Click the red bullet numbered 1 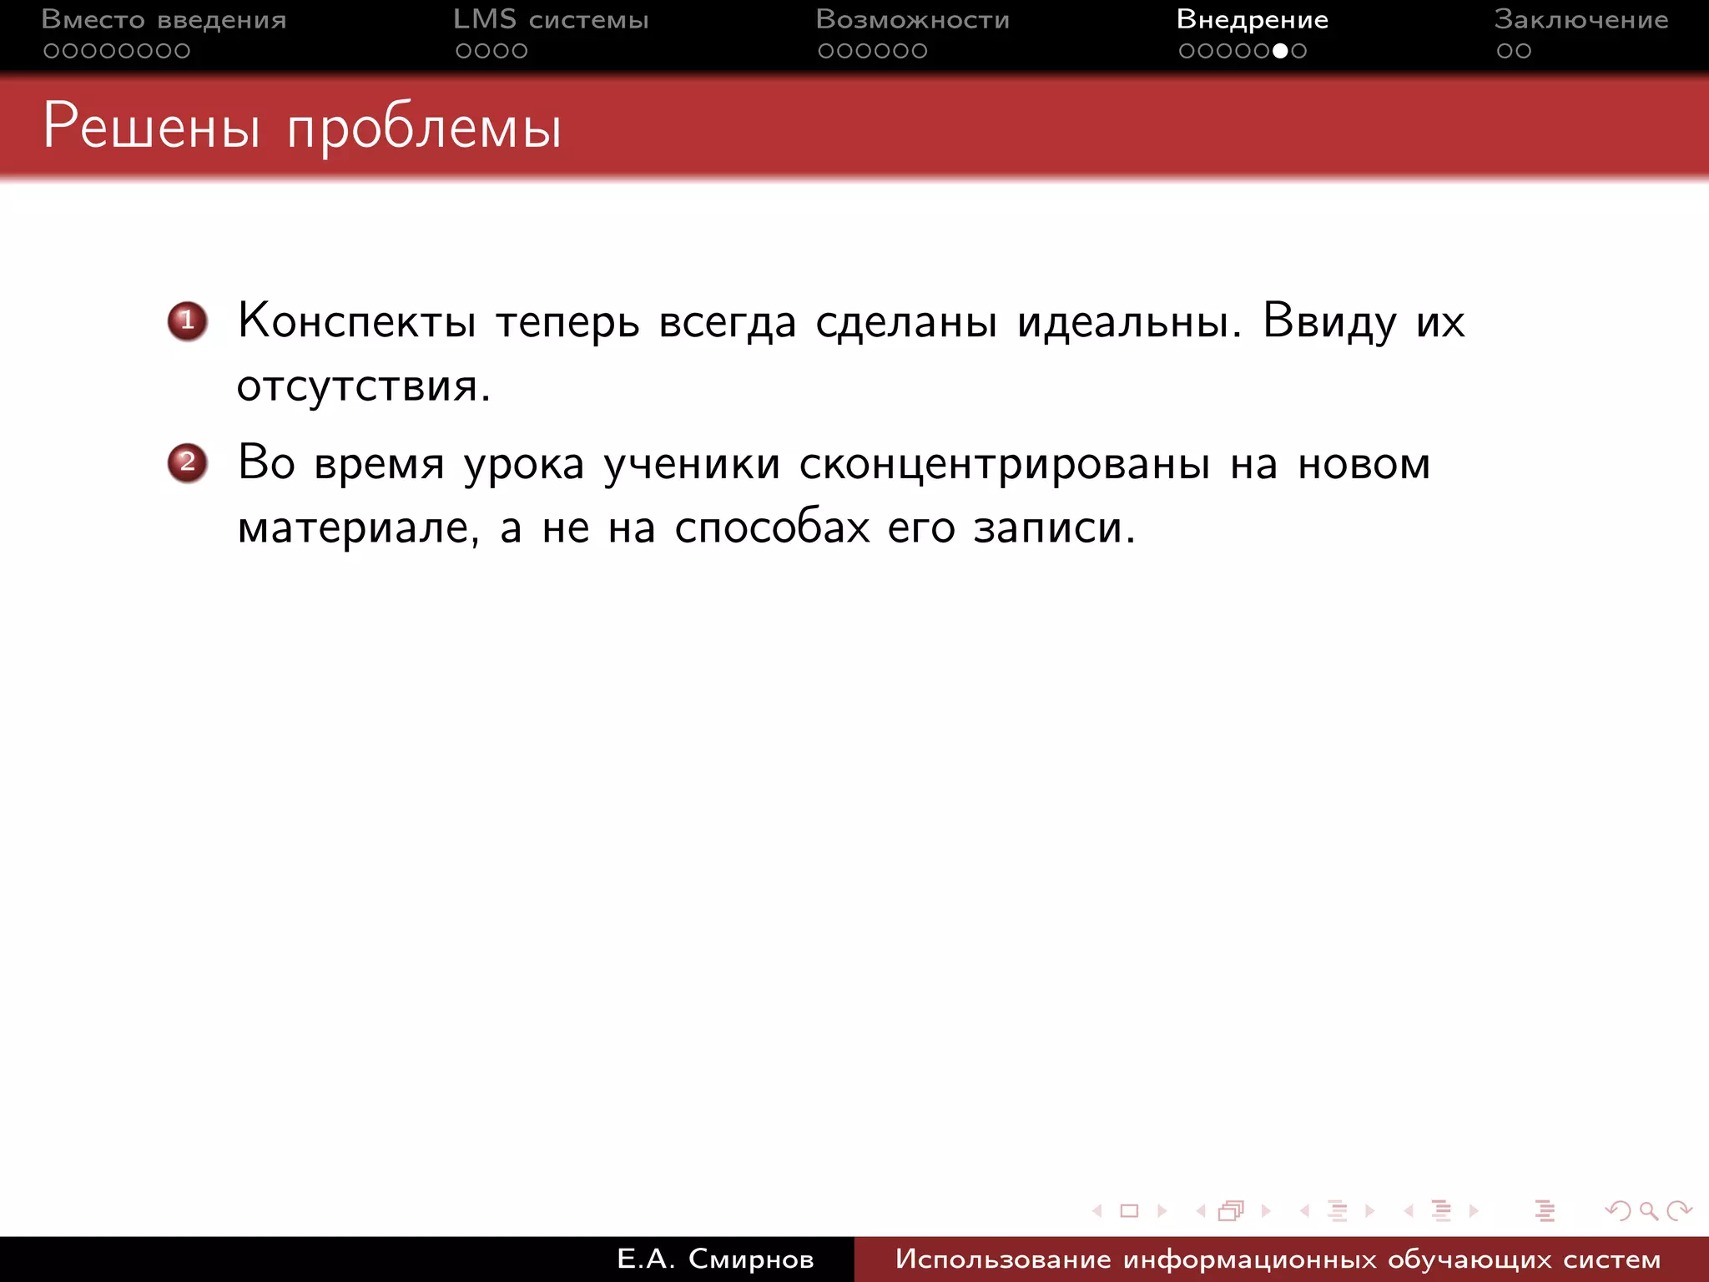(x=187, y=321)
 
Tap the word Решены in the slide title (x=151, y=127)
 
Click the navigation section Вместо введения (x=164, y=19)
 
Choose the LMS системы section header (x=551, y=19)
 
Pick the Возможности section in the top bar (x=912, y=19)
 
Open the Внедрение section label (x=1252, y=19)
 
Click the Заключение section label (x=1580, y=19)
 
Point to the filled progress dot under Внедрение (x=1280, y=51)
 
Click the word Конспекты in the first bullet (x=356, y=321)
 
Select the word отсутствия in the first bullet (x=363, y=386)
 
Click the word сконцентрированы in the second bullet (x=1004, y=464)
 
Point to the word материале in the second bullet (x=358, y=527)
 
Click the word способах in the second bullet (x=772, y=527)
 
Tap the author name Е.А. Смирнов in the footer (x=715, y=1259)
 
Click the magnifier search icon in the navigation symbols (x=1648, y=1210)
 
